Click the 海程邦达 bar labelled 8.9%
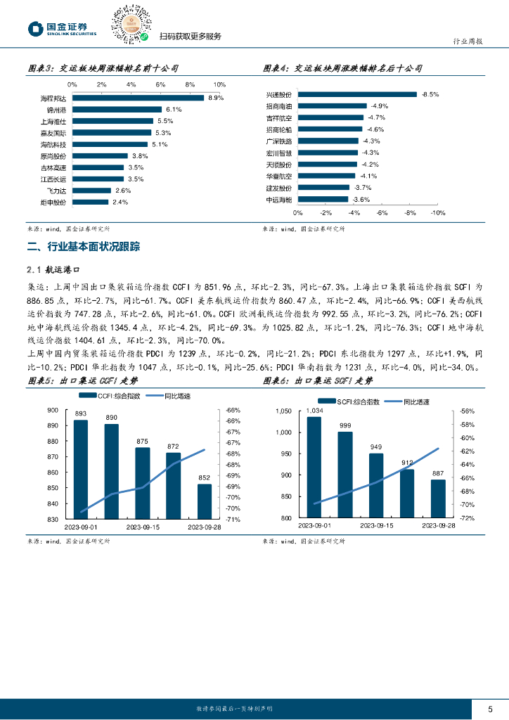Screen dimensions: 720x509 [138, 98]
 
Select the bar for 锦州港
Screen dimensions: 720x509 [117, 110]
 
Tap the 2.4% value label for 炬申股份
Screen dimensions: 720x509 [120, 202]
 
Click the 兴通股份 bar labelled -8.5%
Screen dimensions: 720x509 [358, 94]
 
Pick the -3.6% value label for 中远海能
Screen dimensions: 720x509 [361, 200]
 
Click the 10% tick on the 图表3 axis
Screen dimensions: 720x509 [219, 84]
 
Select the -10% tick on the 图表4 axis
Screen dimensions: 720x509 [437, 212]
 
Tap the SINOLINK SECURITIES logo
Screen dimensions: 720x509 [62, 29]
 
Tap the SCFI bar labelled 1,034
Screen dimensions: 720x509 [314, 467]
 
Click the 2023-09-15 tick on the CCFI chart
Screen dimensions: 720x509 [143, 526]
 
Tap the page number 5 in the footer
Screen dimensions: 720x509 [490, 708]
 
